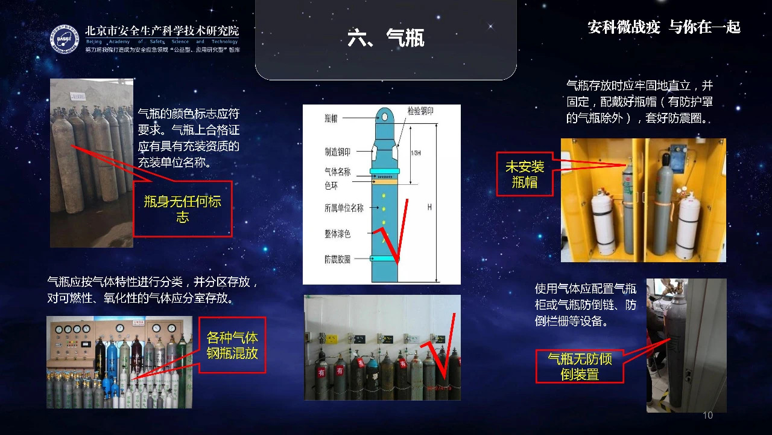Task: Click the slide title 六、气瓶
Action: click(x=386, y=38)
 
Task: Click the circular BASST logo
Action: click(x=65, y=39)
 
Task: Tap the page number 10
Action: click(x=707, y=416)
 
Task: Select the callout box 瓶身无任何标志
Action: click(x=182, y=209)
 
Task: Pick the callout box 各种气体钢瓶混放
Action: click(x=232, y=345)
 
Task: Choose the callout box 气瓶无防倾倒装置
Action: click(x=580, y=366)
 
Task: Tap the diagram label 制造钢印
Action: click(x=337, y=152)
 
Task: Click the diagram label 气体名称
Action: click(x=337, y=172)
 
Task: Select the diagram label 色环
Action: click(x=331, y=186)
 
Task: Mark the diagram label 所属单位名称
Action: click(x=344, y=208)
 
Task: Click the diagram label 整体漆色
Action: click(x=337, y=234)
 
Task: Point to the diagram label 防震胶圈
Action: click(x=337, y=259)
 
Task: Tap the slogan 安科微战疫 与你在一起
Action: click(x=663, y=27)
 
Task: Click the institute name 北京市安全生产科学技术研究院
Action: click(x=162, y=30)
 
